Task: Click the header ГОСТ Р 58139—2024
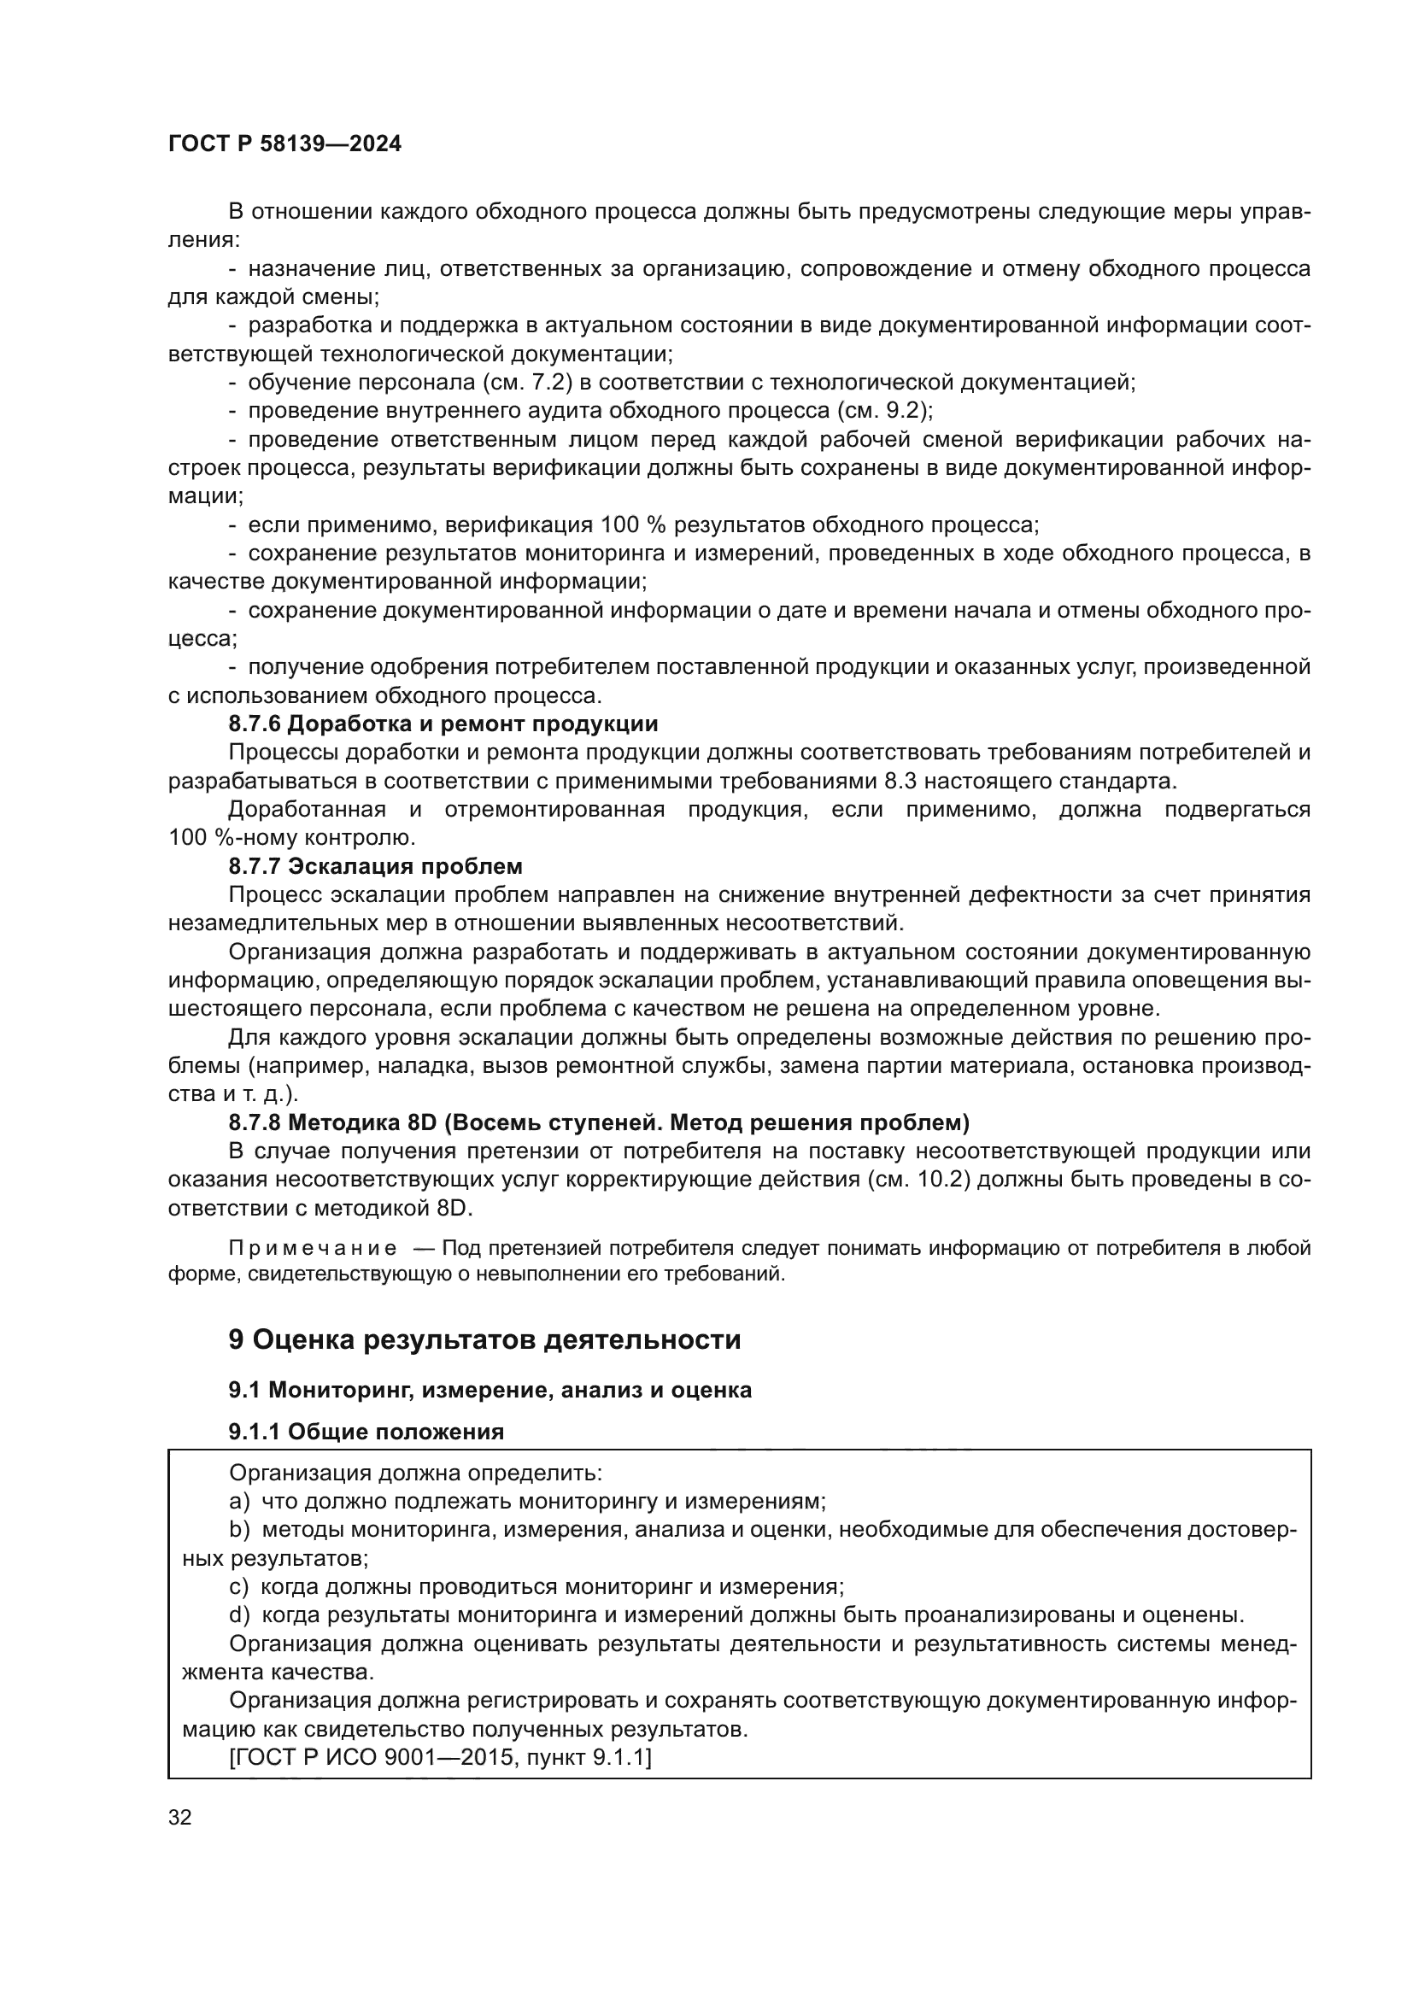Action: (x=284, y=144)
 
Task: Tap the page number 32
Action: (x=180, y=1817)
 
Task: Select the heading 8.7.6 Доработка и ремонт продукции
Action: (x=443, y=724)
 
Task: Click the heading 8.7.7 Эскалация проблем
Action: (x=375, y=867)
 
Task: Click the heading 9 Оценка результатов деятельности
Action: (x=484, y=1339)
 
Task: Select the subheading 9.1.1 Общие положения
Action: (x=366, y=1432)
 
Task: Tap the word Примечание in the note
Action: (x=313, y=1249)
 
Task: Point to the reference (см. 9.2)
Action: (x=884, y=411)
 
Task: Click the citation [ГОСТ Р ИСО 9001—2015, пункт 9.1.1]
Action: (x=439, y=1757)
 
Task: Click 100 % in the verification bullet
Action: (x=632, y=524)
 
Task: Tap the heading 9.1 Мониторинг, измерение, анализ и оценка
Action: (x=490, y=1390)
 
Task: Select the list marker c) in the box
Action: (x=238, y=1586)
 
